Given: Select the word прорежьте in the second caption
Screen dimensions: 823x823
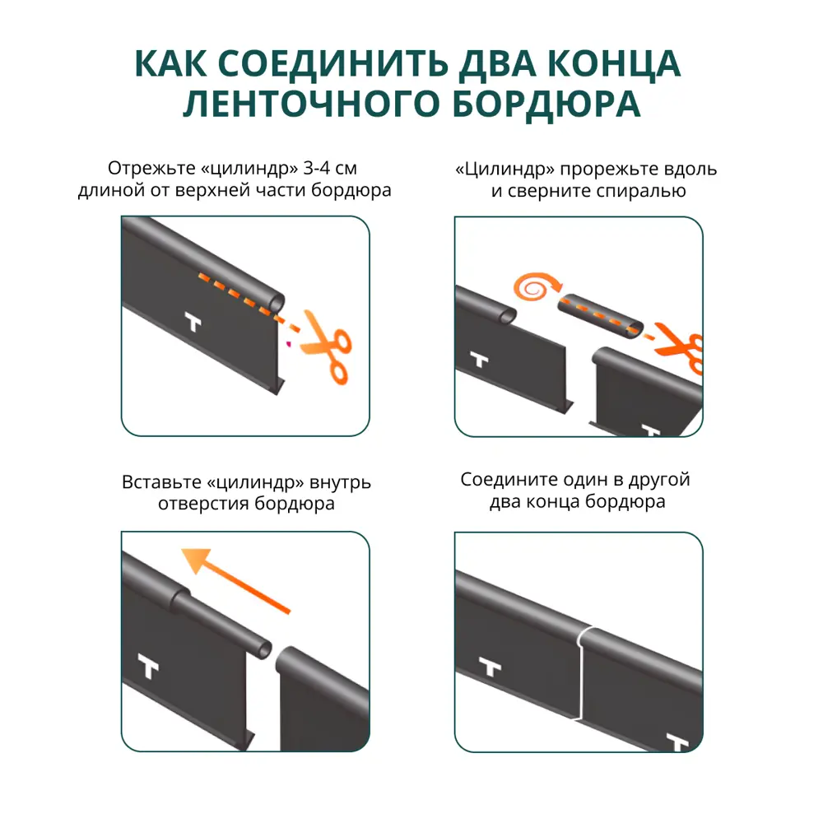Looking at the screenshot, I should tap(614, 170).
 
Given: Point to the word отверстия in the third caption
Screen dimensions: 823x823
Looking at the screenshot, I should tap(195, 504).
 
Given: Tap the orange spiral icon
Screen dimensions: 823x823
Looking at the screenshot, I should tap(532, 287).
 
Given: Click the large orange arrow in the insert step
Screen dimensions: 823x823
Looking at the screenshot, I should tap(235, 580).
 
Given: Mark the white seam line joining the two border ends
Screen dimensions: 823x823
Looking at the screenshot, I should tap(582, 675).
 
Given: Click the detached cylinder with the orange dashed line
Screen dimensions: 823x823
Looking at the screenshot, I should tap(602, 315).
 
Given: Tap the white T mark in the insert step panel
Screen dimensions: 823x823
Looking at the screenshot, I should tap(148, 668).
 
